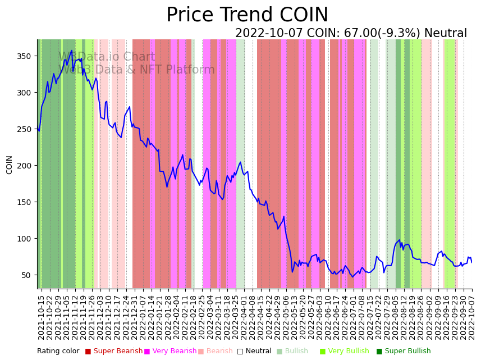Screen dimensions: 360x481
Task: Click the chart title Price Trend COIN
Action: (247, 15)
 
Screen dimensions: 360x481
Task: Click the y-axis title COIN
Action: (9, 165)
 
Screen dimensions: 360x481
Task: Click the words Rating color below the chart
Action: (58, 352)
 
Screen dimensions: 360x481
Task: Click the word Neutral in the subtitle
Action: (446, 34)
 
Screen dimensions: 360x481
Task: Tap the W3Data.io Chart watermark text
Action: (107, 57)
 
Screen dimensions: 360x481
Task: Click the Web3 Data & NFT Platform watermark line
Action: (136, 70)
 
